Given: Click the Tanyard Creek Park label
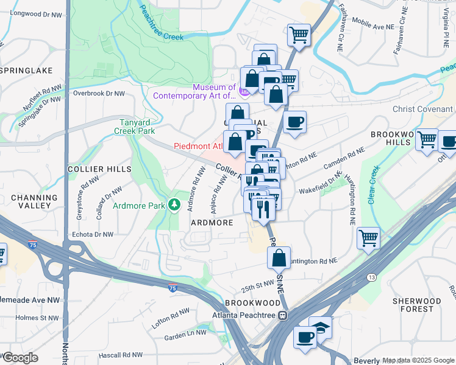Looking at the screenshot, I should pos(137,126).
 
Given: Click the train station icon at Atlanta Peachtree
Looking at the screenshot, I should pos(282,315).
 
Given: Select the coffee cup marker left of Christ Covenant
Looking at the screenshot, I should pos(294,122).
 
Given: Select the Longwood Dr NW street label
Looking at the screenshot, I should pos(37,14).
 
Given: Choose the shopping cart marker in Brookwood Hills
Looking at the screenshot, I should pos(427,140).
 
